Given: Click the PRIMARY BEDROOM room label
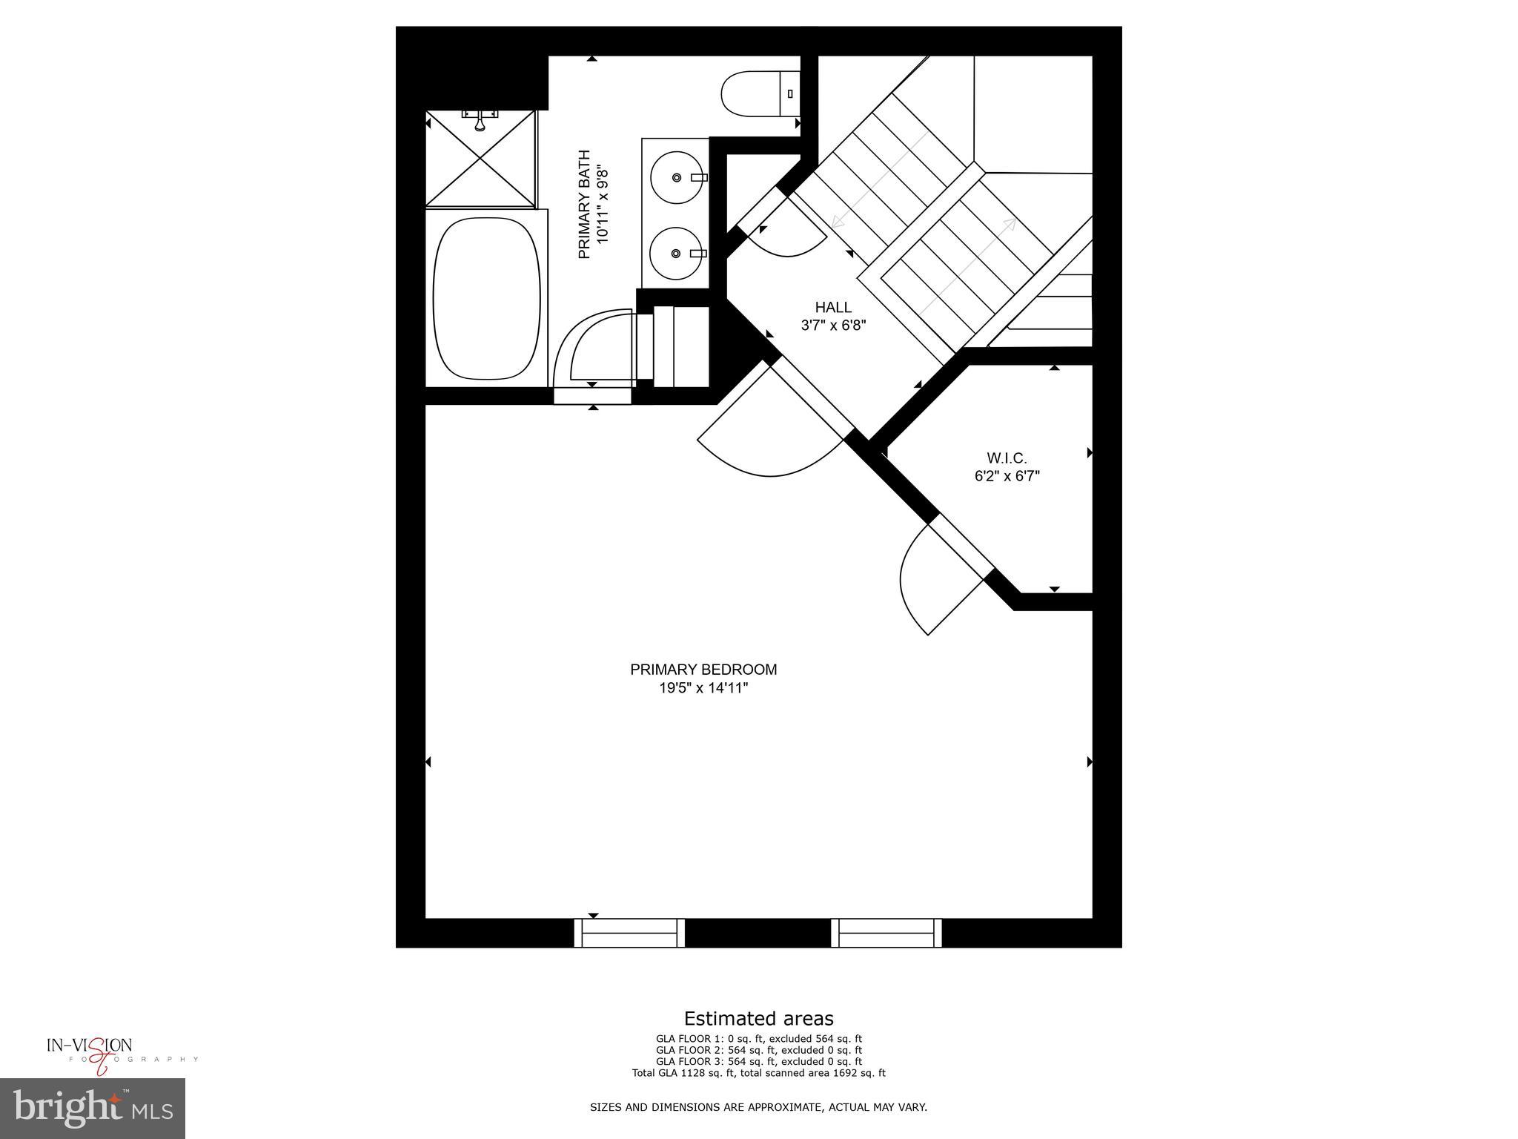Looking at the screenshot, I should point(703,669).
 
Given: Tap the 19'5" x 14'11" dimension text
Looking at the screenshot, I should point(703,688).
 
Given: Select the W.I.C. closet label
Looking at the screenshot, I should point(1007,458).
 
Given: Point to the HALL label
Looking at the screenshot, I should point(833,307).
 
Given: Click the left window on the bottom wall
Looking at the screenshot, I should point(629,932).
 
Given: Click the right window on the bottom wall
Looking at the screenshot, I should point(886,932).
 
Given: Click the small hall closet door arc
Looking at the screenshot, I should point(786,234).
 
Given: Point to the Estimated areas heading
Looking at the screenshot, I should point(758,1018).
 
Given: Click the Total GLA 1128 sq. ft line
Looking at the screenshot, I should point(758,1072).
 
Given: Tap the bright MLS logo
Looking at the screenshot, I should point(93,1108).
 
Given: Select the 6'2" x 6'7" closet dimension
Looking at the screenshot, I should point(1007,477).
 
